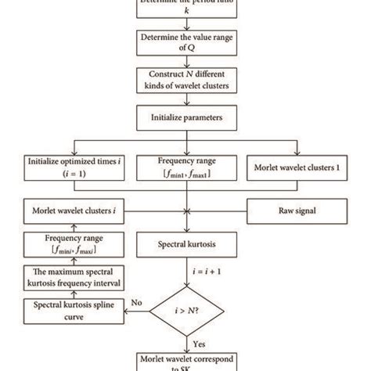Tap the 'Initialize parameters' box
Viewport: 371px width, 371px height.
(x=185, y=119)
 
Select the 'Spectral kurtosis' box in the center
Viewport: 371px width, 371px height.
(x=185, y=244)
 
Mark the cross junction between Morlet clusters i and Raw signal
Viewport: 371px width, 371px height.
(x=186, y=211)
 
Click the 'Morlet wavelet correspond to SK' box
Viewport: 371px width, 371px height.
(x=185, y=363)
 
